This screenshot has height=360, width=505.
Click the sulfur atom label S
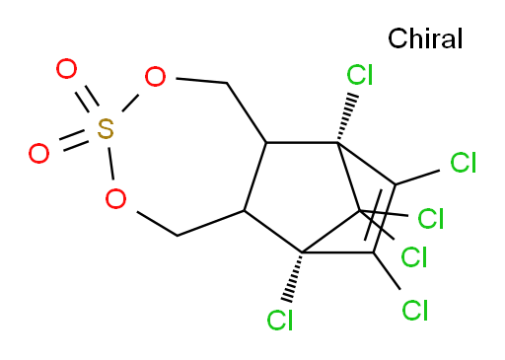(106, 128)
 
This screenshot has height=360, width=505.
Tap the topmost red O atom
(66, 69)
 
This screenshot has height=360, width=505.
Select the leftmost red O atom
(38, 153)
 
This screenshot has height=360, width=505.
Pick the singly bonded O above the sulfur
(155, 77)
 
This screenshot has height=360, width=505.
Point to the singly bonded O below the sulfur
(115, 198)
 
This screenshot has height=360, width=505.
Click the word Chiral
(425, 38)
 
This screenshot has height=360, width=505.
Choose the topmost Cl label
(360, 75)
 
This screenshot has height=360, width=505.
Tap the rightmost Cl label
(463, 163)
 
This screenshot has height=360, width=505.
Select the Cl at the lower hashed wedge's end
(279, 320)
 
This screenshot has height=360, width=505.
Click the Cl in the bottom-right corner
(415, 310)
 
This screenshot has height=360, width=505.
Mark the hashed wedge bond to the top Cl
(346, 118)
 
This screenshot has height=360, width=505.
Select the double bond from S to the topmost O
(87, 100)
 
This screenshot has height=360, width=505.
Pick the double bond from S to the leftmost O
(74, 141)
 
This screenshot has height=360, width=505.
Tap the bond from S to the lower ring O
(110, 164)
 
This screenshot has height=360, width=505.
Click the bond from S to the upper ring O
(130, 103)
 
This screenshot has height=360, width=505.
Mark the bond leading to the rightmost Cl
(417, 178)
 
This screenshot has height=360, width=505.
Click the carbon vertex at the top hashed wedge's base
(337, 143)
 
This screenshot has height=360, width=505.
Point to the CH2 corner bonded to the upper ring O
(227, 83)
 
